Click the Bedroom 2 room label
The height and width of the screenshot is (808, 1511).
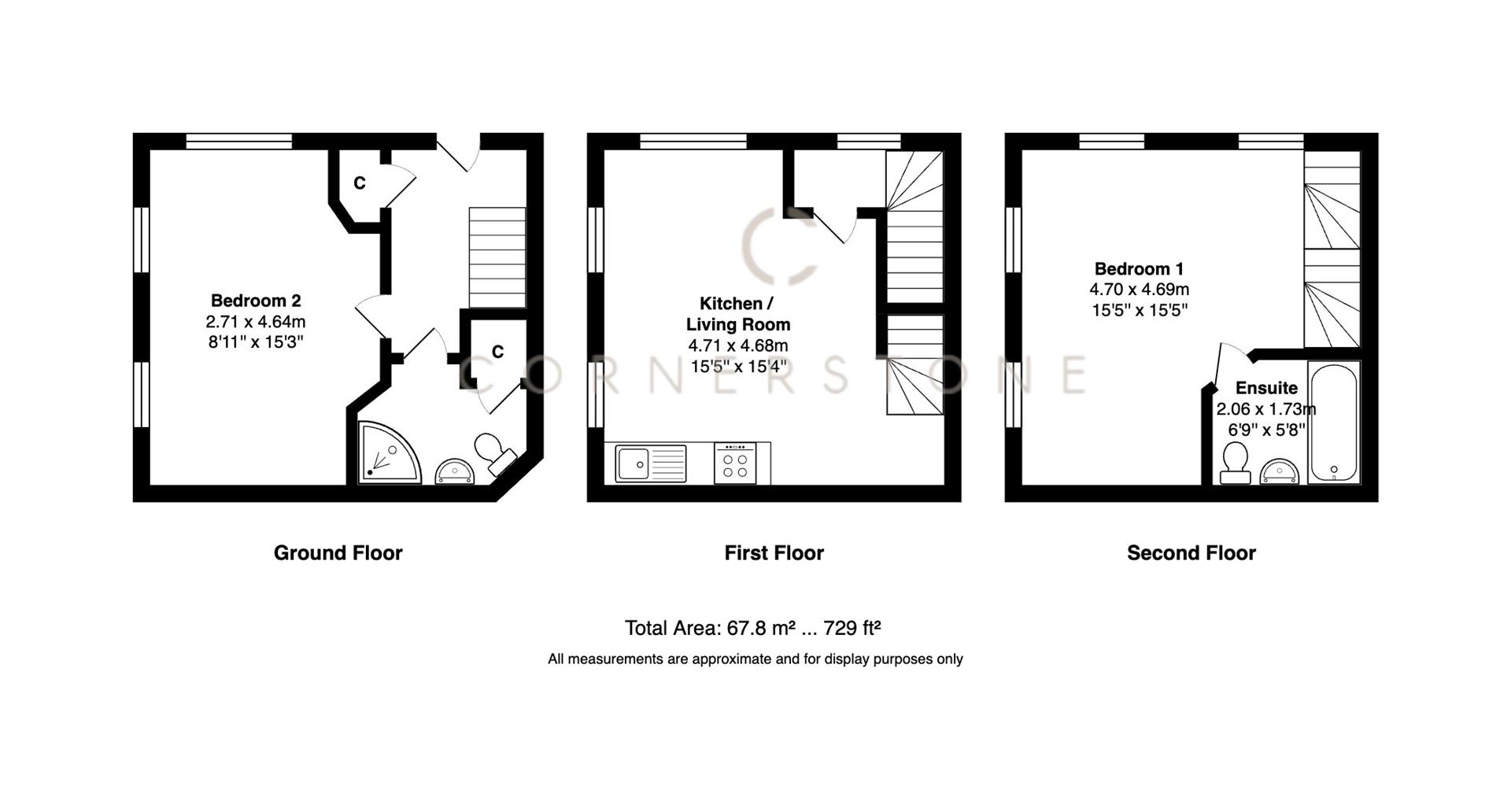click(256, 301)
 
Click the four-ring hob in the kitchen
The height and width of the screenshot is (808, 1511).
click(735, 464)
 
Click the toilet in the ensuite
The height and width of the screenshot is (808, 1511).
click(1234, 463)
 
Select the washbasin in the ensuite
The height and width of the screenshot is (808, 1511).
click(1279, 471)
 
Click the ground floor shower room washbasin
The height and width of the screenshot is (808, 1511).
click(455, 471)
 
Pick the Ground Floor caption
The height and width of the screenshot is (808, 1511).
click(338, 553)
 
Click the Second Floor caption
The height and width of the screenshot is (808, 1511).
click(1191, 553)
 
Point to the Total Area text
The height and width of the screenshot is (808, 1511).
click(752, 628)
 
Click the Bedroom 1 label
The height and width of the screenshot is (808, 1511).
click(1139, 268)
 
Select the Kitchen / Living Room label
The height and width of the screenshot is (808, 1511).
click(737, 314)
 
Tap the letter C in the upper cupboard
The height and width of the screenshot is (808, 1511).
click(360, 183)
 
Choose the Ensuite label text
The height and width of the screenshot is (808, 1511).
click(1266, 388)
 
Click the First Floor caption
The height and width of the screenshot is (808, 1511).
click(774, 553)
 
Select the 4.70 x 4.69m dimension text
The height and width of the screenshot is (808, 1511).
click(1139, 290)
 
